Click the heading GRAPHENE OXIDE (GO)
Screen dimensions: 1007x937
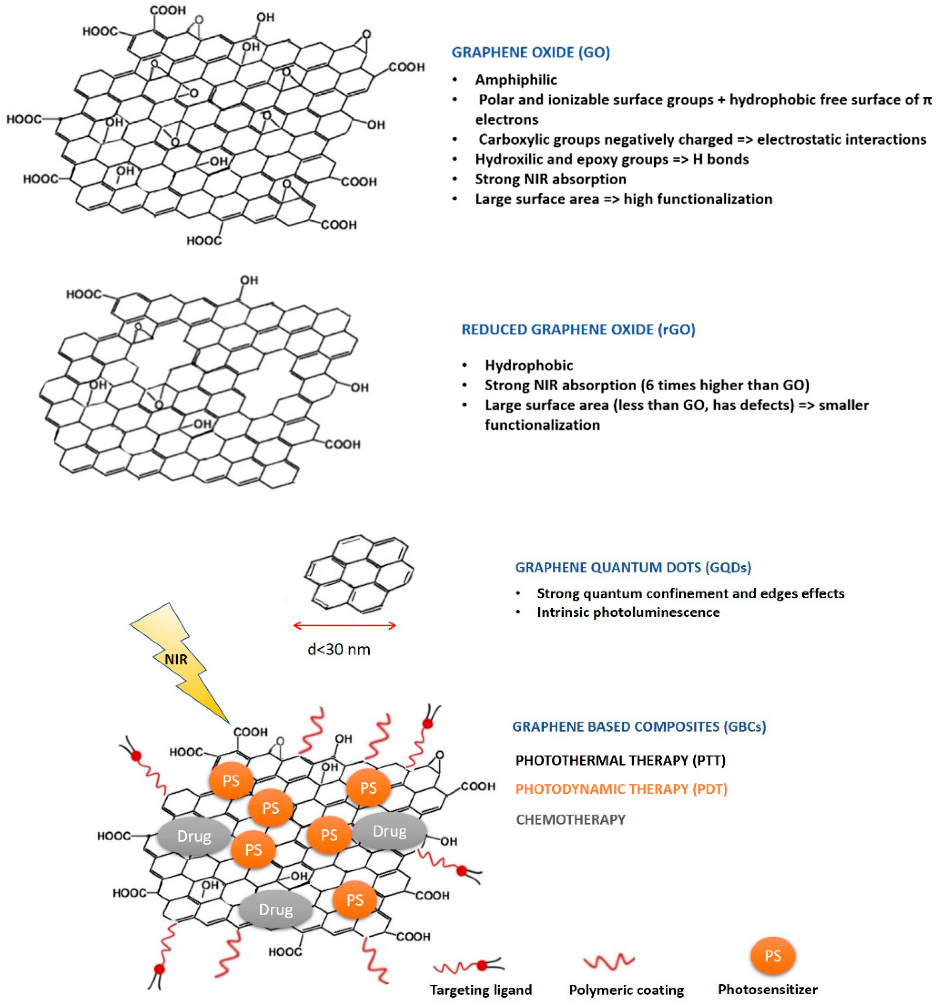point(530,53)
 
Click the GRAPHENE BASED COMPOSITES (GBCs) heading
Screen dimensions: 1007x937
point(639,726)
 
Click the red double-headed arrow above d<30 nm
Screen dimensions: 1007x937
point(345,626)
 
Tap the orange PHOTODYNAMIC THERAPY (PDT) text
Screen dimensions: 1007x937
point(621,789)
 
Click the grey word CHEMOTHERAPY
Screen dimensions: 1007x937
point(570,819)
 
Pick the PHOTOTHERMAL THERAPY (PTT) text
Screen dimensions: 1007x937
point(620,760)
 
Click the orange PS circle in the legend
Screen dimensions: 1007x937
point(772,956)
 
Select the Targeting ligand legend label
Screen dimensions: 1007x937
point(481,990)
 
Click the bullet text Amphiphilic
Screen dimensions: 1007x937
point(516,80)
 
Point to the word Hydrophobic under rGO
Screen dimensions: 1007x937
point(528,365)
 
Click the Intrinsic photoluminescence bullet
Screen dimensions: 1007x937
point(628,612)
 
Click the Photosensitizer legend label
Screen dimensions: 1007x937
point(767,989)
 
